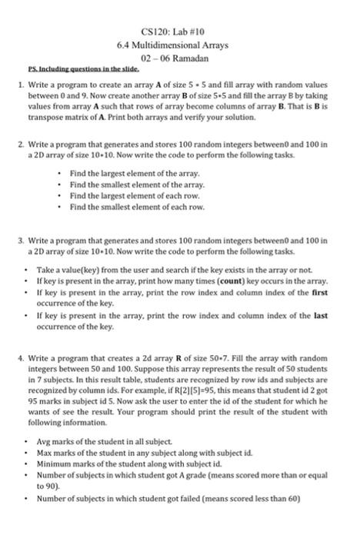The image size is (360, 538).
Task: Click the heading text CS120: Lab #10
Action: pos(179,33)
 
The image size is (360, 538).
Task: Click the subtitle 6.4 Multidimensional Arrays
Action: pos(179,46)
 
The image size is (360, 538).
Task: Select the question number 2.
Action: pos(26,144)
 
